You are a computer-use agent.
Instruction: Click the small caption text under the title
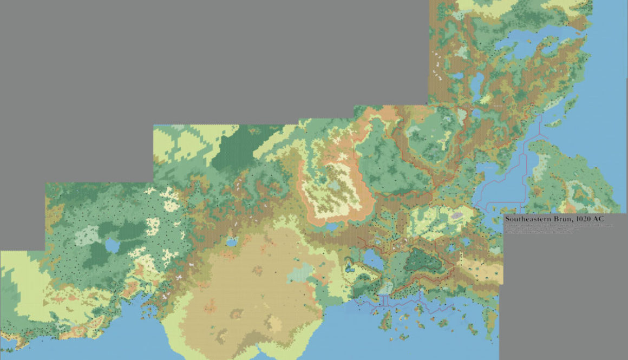click(541, 231)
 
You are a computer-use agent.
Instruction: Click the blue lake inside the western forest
click(113, 246)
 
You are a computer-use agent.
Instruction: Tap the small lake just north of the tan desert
click(232, 241)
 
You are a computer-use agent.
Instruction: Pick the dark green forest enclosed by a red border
click(425, 260)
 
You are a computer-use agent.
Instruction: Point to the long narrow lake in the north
click(477, 84)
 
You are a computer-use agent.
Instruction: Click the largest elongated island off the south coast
click(386, 320)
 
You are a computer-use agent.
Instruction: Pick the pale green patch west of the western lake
click(87, 235)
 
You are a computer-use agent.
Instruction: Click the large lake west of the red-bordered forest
click(374, 259)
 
